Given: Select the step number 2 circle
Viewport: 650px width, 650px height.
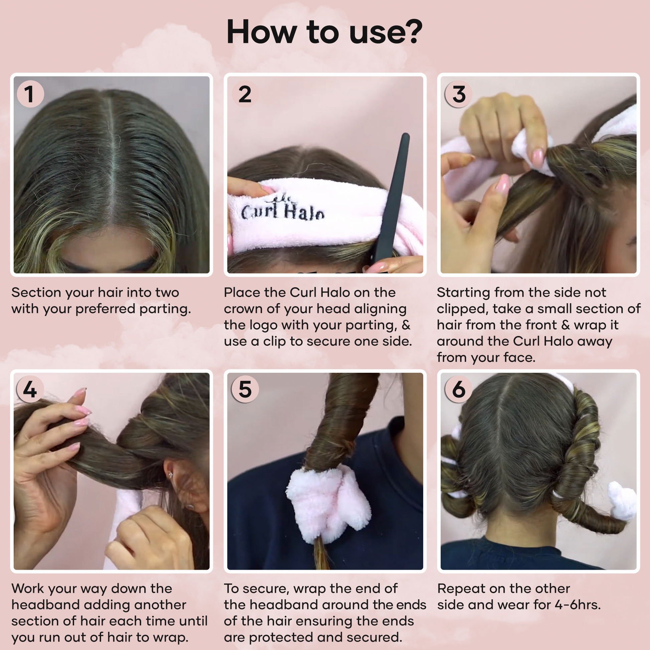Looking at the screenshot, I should click(245, 94).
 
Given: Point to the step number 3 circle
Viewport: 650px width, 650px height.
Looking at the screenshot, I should click(459, 94).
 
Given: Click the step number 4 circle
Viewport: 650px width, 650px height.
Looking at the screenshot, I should click(30, 389).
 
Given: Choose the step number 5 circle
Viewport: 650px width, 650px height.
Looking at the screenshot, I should click(245, 389).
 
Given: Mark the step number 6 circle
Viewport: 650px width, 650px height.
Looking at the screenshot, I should click(459, 389).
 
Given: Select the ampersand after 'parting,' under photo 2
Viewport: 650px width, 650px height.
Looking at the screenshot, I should click(406, 325).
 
